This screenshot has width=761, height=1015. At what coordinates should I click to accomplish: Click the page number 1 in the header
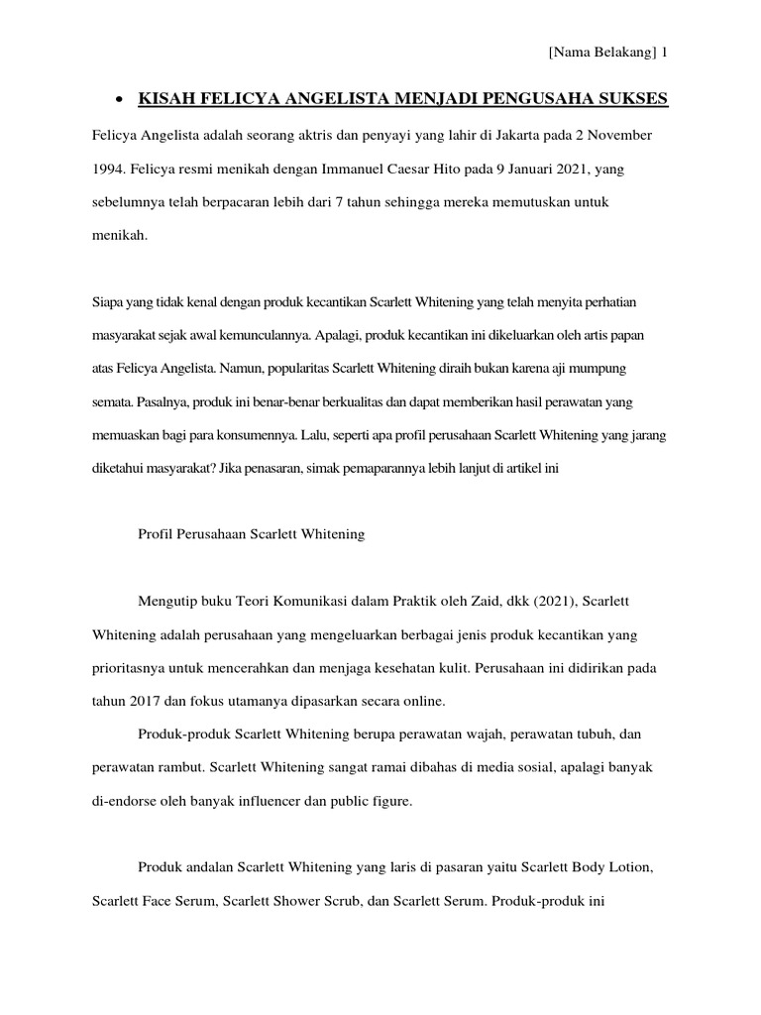pos(664,54)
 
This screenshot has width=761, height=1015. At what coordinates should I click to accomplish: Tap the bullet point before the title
pos(119,100)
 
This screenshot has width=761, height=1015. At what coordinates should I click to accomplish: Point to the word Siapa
pos(107,299)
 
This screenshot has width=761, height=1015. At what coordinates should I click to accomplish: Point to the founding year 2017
pos(146,701)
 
